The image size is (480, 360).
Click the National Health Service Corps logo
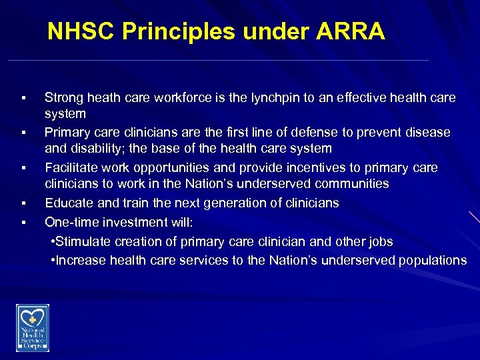[33, 327]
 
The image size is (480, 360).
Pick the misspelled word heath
[99, 98]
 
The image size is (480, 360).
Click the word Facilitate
[71, 168]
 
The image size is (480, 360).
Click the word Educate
[69, 203]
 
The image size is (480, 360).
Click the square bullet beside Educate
[23, 203]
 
